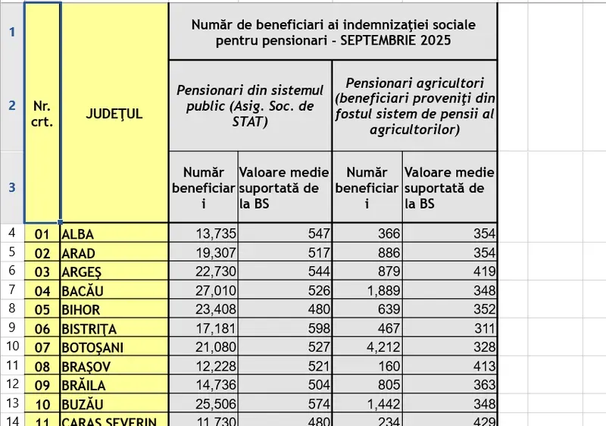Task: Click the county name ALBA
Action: [77, 234]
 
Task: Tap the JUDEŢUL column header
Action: [114, 114]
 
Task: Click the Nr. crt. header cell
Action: [42, 114]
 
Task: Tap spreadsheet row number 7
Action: [11, 290]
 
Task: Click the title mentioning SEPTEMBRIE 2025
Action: [333, 33]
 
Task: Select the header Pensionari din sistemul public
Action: [250, 106]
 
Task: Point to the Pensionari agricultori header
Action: [414, 106]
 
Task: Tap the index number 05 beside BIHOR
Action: [42, 309]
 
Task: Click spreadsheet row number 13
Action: [11, 403]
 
